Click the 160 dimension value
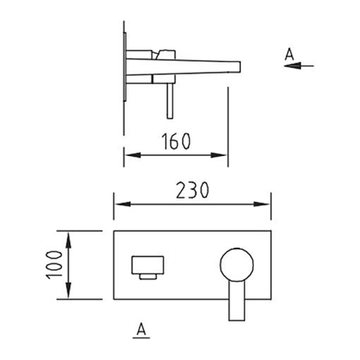[176, 141]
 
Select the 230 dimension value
[193, 190]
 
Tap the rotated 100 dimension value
[55, 265]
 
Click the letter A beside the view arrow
[289, 54]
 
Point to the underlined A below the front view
[141, 329]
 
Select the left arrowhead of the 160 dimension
[132, 155]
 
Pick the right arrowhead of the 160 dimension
[219, 155]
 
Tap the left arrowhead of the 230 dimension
[122, 204]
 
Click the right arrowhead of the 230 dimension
[262, 204]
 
